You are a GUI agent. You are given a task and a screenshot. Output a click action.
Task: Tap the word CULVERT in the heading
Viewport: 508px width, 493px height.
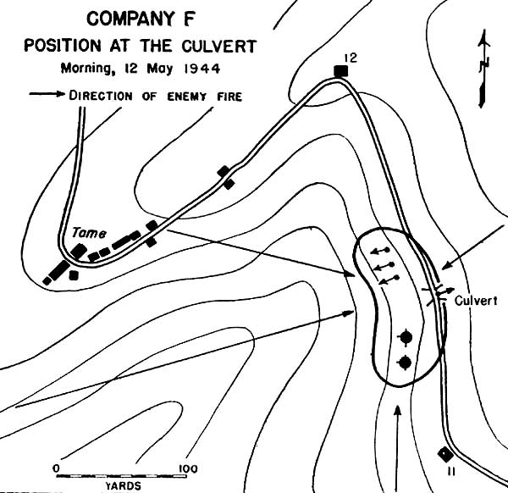pyautogui.click(x=219, y=46)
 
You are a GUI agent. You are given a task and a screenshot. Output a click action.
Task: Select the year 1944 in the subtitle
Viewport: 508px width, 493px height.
pyautogui.click(x=202, y=69)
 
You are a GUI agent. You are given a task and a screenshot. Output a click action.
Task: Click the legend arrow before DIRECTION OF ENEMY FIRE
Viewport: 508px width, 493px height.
pyautogui.click(x=47, y=94)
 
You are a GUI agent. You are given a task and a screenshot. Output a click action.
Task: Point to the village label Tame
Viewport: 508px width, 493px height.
pyautogui.click(x=89, y=233)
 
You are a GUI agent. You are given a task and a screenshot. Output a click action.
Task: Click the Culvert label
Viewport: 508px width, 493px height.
pyautogui.click(x=476, y=301)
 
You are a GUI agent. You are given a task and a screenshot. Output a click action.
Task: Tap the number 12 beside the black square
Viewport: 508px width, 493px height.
pyautogui.click(x=351, y=58)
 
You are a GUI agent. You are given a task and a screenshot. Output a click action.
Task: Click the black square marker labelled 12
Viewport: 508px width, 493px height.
pyautogui.click(x=341, y=71)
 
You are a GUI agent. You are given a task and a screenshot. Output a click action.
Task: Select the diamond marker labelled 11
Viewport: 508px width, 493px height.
pyautogui.click(x=446, y=454)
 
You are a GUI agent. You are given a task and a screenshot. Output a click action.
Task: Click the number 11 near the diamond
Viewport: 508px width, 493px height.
pyautogui.click(x=450, y=472)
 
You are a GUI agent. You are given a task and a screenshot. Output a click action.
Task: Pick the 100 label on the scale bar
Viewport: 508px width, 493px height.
pyautogui.click(x=188, y=468)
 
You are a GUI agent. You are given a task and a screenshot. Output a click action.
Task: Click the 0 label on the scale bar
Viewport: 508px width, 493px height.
pyautogui.click(x=57, y=468)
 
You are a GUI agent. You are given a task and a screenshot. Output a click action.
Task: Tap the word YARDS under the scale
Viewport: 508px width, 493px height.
pyautogui.click(x=124, y=486)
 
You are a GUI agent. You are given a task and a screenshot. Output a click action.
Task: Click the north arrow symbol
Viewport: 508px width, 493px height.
pyautogui.click(x=484, y=69)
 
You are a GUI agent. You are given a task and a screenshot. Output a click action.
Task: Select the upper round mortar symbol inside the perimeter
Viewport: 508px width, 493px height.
pyautogui.click(x=406, y=337)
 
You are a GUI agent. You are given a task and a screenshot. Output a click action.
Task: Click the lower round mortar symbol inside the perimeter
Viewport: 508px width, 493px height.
pyautogui.click(x=406, y=362)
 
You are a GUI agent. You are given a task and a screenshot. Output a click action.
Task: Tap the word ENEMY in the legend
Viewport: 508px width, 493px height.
pyautogui.click(x=186, y=97)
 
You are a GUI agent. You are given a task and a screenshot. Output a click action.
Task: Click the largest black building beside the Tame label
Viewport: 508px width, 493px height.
pyautogui.click(x=59, y=270)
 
